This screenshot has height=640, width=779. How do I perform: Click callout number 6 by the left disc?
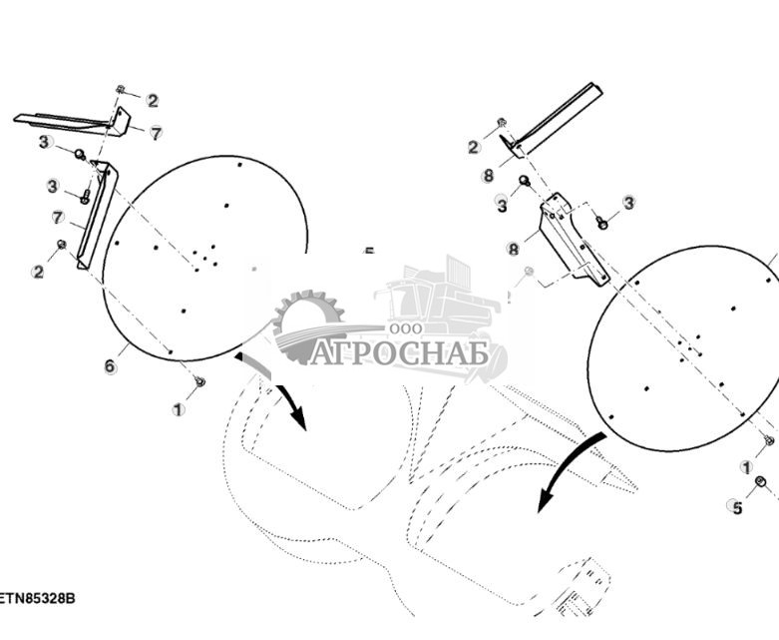pyautogui.click(x=110, y=366)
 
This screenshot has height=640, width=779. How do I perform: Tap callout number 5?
pyautogui.click(x=737, y=507)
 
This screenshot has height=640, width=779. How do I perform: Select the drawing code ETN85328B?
pyautogui.click(x=38, y=598)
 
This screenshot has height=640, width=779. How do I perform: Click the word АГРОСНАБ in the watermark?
pyautogui.click(x=398, y=353)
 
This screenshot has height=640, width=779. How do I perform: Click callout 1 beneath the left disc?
pyautogui.click(x=179, y=409)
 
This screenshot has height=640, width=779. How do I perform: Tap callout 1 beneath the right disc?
pyautogui.click(x=746, y=467)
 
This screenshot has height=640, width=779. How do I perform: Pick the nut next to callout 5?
pyautogui.click(x=760, y=482)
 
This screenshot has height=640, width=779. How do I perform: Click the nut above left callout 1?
pyautogui.click(x=199, y=380)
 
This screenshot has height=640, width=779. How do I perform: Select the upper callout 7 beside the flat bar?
pyautogui.click(x=156, y=133)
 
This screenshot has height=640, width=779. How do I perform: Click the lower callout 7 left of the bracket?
pyautogui.click(x=58, y=217)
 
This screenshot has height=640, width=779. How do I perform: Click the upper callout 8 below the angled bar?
pyautogui.click(x=488, y=176)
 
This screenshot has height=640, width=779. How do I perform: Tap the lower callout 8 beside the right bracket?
pyautogui.click(x=514, y=249)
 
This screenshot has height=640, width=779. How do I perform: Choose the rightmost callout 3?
pyautogui.click(x=628, y=203)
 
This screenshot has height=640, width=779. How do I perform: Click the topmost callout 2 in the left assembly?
pyautogui.click(x=152, y=100)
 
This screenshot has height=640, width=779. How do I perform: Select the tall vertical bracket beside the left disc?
pyautogui.click(x=96, y=215)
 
